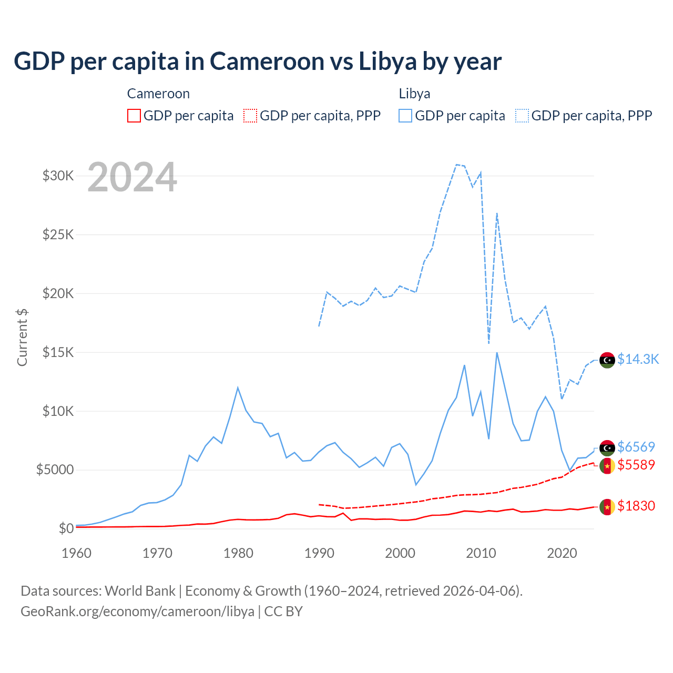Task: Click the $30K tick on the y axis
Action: [x=58, y=176]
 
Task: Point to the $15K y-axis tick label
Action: [x=58, y=352]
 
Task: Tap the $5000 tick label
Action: [x=55, y=470]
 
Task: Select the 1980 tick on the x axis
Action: [x=238, y=553]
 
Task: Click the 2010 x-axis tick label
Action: [x=481, y=553]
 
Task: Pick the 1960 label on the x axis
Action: [x=77, y=553]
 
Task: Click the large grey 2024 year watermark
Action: [x=132, y=178]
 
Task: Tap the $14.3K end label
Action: [x=638, y=359]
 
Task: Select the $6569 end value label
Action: [x=636, y=447]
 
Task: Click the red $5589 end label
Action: [x=636, y=465]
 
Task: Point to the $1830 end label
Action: [x=636, y=506]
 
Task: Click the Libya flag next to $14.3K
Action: [x=607, y=360]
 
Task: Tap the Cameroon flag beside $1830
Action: [x=607, y=507]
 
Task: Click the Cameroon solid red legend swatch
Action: [x=134, y=116]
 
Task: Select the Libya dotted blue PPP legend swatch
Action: [x=522, y=116]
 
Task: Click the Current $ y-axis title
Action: [x=22, y=338]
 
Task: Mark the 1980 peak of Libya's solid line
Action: [x=238, y=388]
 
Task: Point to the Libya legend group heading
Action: [x=414, y=94]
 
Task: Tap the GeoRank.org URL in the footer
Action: [x=137, y=611]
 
